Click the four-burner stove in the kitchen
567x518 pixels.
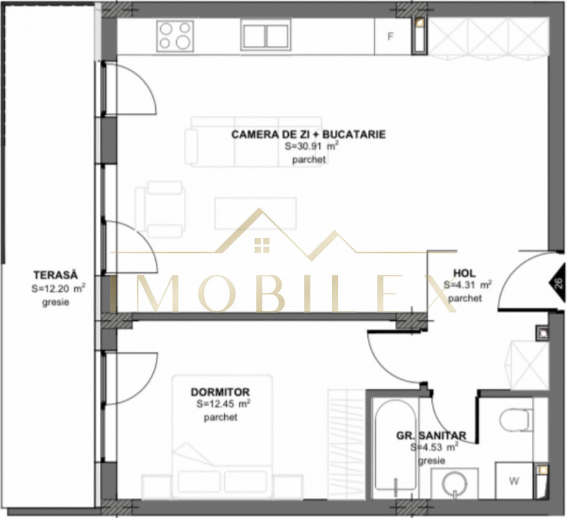pyautogui.click(x=176, y=35)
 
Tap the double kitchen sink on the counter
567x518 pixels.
pyautogui.click(x=265, y=35)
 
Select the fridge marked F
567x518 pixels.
pyautogui.click(x=391, y=35)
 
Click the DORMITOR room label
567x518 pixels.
pyautogui.click(x=220, y=392)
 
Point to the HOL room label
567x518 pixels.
pyautogui.click(x=464, y=273)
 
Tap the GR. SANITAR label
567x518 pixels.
pyautogui.click(x=431, y=435)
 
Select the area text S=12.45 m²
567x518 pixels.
pyautogui.click(x=223, y=404)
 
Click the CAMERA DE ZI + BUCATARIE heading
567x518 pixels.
pyautogui.click(x=308, y=134)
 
